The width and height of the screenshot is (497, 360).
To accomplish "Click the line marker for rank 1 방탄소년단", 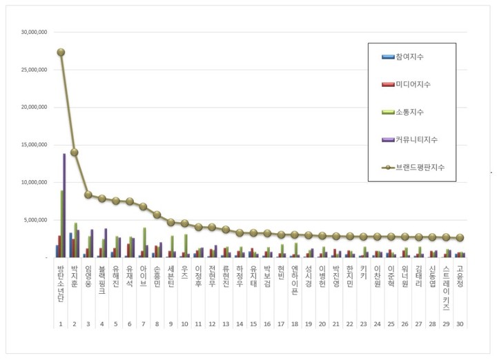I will (x=61, y=52).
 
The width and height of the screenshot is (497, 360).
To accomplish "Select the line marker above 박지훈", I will (x=75, y=152).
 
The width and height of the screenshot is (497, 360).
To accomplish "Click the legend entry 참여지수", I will (x=414, y=57).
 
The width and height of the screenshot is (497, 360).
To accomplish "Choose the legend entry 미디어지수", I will (x=414, y=84).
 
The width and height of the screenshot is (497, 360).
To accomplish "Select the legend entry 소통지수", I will (x=411, y=112).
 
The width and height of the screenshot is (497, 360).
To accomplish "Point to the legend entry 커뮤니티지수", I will (x=417, y=139).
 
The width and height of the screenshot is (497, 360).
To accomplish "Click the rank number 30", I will (x=460, y=323).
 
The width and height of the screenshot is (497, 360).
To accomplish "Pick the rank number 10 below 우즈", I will (x=184, y=323).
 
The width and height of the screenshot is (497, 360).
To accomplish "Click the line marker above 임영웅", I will (x=88, y=194).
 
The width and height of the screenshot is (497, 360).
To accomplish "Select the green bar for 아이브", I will (x=144, y=242).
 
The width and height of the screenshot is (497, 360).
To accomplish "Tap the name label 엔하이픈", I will (x=295, y=281).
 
